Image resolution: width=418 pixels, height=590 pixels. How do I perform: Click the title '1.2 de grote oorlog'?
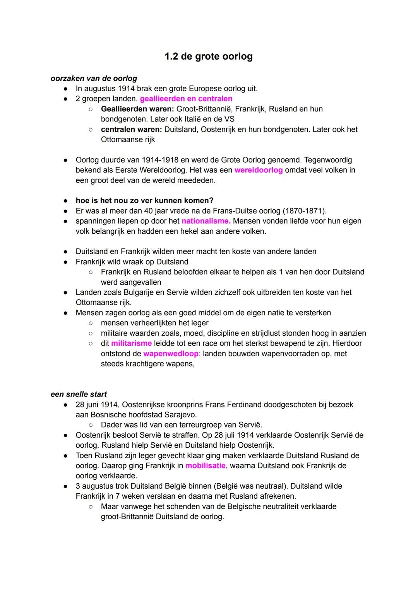208,56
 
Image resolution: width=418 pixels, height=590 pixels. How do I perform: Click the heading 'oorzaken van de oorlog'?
94,79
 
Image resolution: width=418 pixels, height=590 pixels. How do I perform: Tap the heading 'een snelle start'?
79,394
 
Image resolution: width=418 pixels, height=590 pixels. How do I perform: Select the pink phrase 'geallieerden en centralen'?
186,99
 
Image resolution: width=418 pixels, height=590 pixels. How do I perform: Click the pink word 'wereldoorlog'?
259,170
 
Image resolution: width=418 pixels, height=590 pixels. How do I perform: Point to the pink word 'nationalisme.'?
206,221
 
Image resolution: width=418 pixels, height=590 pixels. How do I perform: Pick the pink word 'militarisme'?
131,343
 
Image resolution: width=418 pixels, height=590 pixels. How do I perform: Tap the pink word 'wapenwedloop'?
171,354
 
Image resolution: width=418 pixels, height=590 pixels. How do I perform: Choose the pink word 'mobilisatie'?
205,465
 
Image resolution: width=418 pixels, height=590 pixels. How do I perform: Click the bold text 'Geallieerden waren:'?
137,109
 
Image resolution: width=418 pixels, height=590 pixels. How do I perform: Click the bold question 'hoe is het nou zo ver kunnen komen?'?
144,200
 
